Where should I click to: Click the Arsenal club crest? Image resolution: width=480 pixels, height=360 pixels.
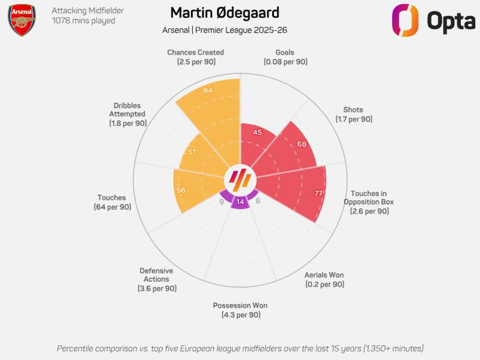coord(22,20)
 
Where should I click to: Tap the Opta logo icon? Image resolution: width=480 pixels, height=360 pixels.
coord(405,20)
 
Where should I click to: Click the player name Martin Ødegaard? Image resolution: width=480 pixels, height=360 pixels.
coord(225,12)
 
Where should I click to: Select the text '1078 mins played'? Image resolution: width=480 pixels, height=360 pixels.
coord(83,21)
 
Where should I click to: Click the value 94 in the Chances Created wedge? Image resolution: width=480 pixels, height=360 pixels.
coord(208,91)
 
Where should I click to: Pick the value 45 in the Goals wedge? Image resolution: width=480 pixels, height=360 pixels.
coord(258,132)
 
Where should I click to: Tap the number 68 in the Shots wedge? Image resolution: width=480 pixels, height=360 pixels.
coord(301,144)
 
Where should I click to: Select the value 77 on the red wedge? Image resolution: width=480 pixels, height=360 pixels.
coord(318,193)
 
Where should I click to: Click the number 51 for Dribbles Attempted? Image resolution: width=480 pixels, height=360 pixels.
coord(192,151)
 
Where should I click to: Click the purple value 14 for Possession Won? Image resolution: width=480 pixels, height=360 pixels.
coord(240,202)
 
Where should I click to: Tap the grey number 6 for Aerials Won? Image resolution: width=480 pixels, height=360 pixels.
coord(258,201)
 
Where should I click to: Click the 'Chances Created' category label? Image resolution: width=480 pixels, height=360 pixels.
coord(195,52)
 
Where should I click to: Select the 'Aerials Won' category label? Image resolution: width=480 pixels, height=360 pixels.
coord(324,275)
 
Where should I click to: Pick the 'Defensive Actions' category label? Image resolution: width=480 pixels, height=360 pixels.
coord(156,275)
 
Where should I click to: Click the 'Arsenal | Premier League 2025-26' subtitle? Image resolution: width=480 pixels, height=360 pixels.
coord(225,30)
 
